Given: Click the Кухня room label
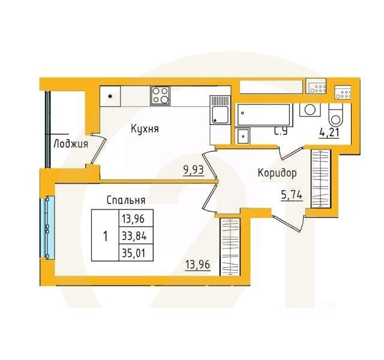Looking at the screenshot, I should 145,128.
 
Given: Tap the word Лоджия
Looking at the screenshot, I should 70,143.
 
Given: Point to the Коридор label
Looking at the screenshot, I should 277,173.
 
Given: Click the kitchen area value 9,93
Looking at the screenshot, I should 193,169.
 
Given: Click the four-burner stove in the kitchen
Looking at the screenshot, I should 160,94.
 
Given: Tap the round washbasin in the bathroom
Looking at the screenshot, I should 309,110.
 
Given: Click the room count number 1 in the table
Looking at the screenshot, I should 105,235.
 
